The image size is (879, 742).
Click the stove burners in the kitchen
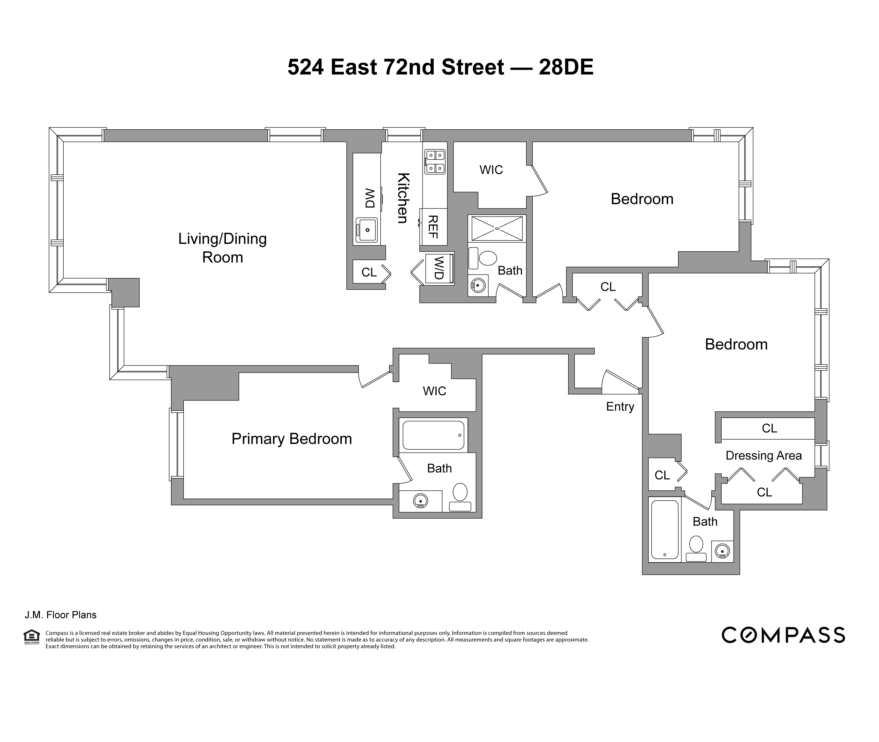click(x=435, y=162)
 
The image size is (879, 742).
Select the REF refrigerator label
click(x=433, y=227)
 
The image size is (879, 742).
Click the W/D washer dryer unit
click(x=439, y=268)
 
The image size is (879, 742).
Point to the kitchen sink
click(x=367, y=230)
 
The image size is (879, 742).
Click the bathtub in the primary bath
click(x=433, y=435)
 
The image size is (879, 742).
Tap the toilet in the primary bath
click(x=460, y=497)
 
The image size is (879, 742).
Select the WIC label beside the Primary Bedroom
click(x=434, y=391)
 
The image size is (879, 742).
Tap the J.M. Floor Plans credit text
click(x=60, y=615)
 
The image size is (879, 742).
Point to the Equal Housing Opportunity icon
click(x=31, y=636)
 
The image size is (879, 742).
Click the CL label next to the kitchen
click(x=369, y=273)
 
